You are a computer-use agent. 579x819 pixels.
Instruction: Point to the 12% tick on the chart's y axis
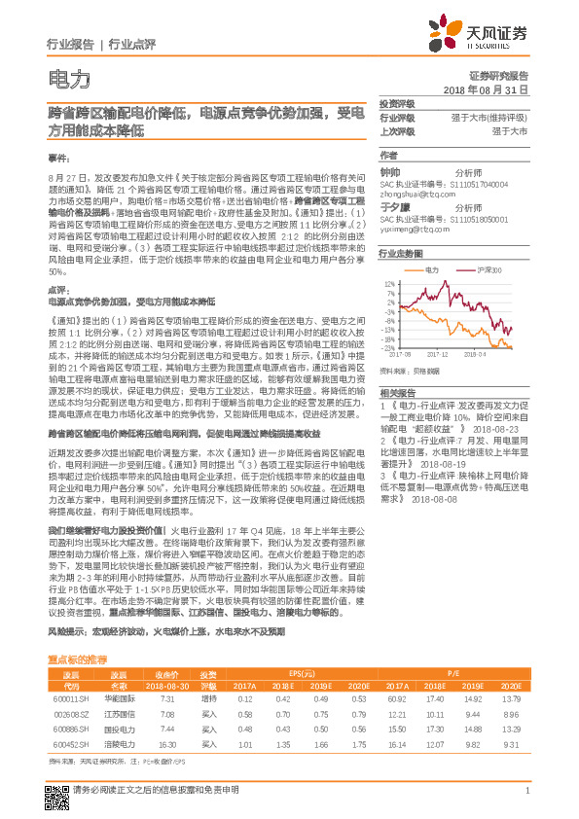click(389, 284)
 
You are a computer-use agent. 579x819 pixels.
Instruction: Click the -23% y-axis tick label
click(388, 346)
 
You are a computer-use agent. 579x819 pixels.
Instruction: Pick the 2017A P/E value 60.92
click(395, 698)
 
